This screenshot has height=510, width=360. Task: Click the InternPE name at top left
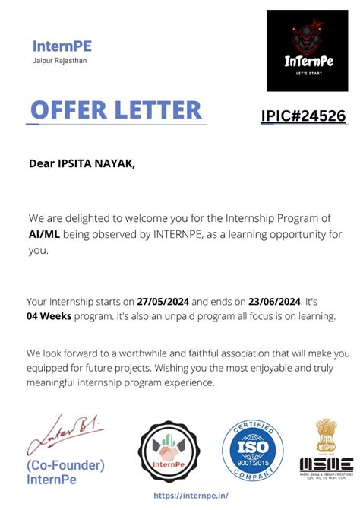[x=62, y=46]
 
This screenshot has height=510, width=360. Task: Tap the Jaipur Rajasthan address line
[x=59, y=61]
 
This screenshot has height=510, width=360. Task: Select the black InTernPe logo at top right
[x=307, y=51]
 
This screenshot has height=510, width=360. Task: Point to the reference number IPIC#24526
[x=303, y=116]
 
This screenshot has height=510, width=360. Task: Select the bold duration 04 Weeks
[x=49, y=315]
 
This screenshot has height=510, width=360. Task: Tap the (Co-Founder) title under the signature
[x=65, y=465]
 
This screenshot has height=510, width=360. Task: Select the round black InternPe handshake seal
[x=169, y=451]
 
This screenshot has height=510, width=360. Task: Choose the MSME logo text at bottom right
[x=326, y=464]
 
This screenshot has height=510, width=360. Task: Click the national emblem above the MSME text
[x=326, y=436]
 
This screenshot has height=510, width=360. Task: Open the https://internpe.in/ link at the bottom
[x=191, y=495]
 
